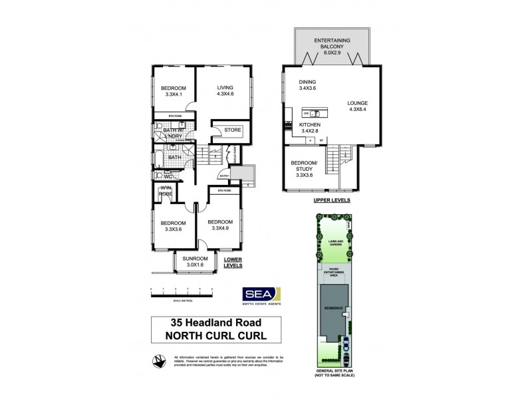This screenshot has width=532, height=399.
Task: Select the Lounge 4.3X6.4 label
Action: point(360,106)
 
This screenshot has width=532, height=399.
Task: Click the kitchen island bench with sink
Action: point(309,112)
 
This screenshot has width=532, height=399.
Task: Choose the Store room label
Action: point(232,130)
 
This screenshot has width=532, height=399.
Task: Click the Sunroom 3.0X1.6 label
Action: point(196,261)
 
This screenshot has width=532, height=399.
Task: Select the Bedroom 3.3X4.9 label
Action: point(219,225)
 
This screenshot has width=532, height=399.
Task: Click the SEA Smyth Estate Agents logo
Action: point(259,295)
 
